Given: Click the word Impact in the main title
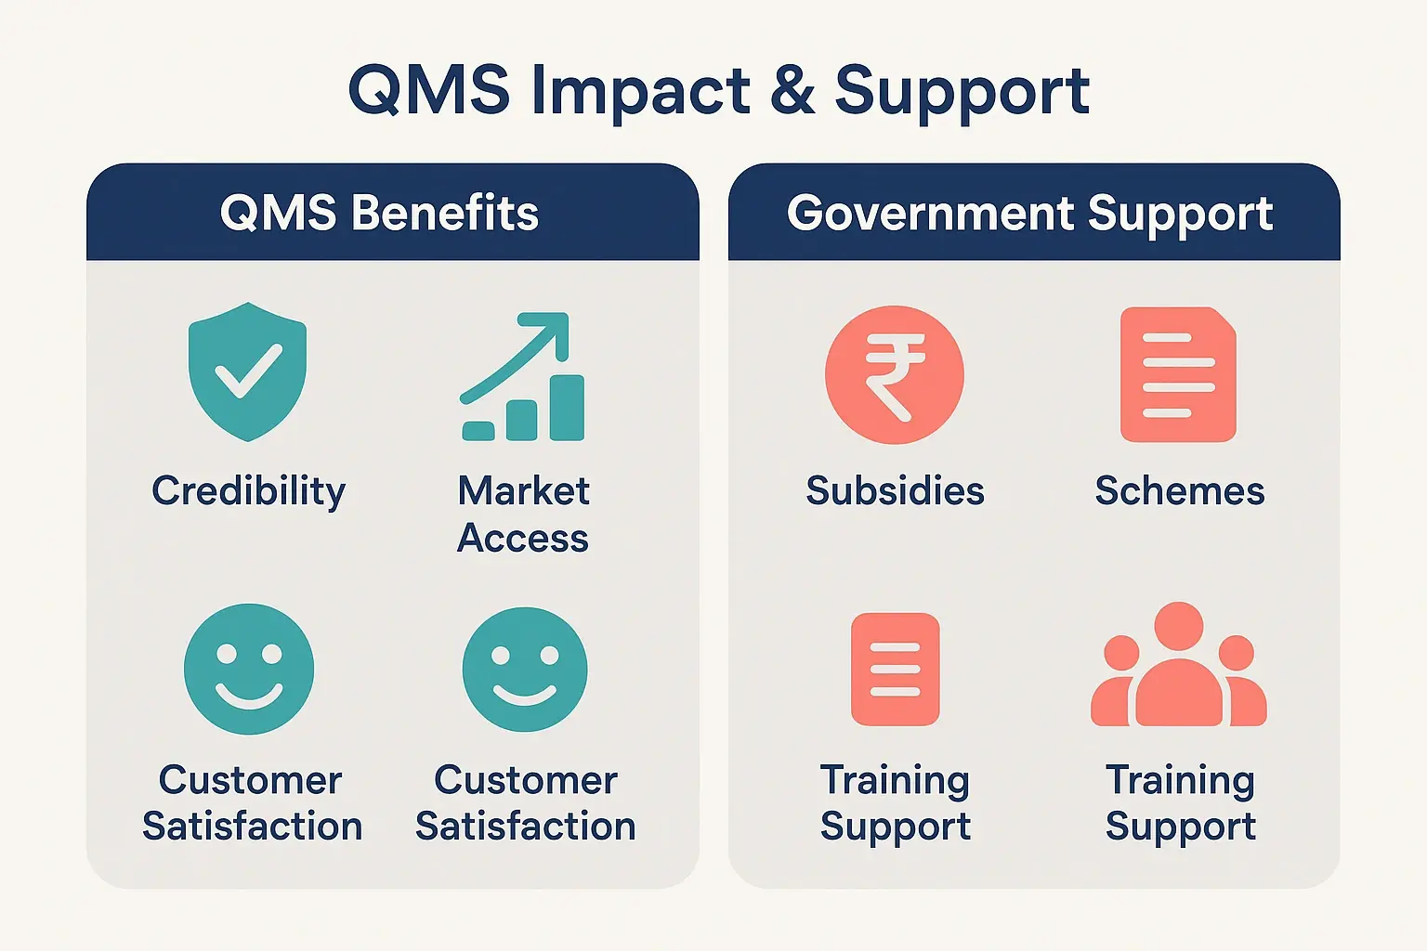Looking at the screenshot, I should (x=640, y=91).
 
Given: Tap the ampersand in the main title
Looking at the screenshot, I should (x=792, y=91).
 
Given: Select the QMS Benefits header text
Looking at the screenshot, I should (x=379, y=213).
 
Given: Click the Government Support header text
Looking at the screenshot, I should (x=1029, y=213).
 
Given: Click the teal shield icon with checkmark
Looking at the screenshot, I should (x=247, y=371).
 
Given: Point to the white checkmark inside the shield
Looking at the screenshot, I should (x=248, y=370).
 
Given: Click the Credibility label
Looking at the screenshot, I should (x=248, y=490).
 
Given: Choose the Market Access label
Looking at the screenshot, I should (x=523, y=514).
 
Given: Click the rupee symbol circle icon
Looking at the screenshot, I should (x=894, y=375).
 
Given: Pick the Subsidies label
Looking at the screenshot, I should (x=895, y=490).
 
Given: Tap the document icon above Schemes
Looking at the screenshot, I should (x=1178, y=374).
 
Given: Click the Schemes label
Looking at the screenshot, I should (x=1179, y=490).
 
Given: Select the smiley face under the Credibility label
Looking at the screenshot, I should (x=248, y=669).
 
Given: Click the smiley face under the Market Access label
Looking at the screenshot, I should (x=524, y=669).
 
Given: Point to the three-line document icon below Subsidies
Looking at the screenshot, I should (x=895, y=669).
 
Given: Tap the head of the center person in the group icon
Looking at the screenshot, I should (x=1178, y=626).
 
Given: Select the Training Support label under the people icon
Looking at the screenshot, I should (x=1180, y=802).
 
